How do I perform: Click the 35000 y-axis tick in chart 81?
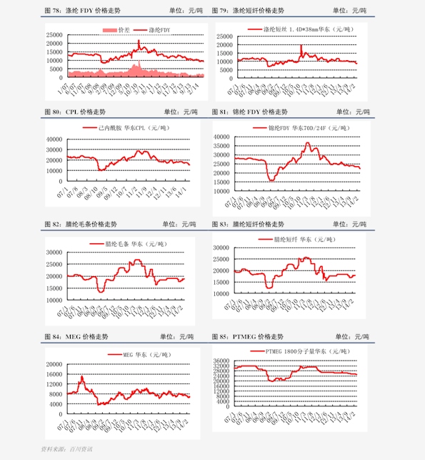tap(219, 144)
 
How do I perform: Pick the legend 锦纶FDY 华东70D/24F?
tap(300, 127)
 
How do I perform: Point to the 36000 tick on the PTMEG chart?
tap(220, 361)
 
